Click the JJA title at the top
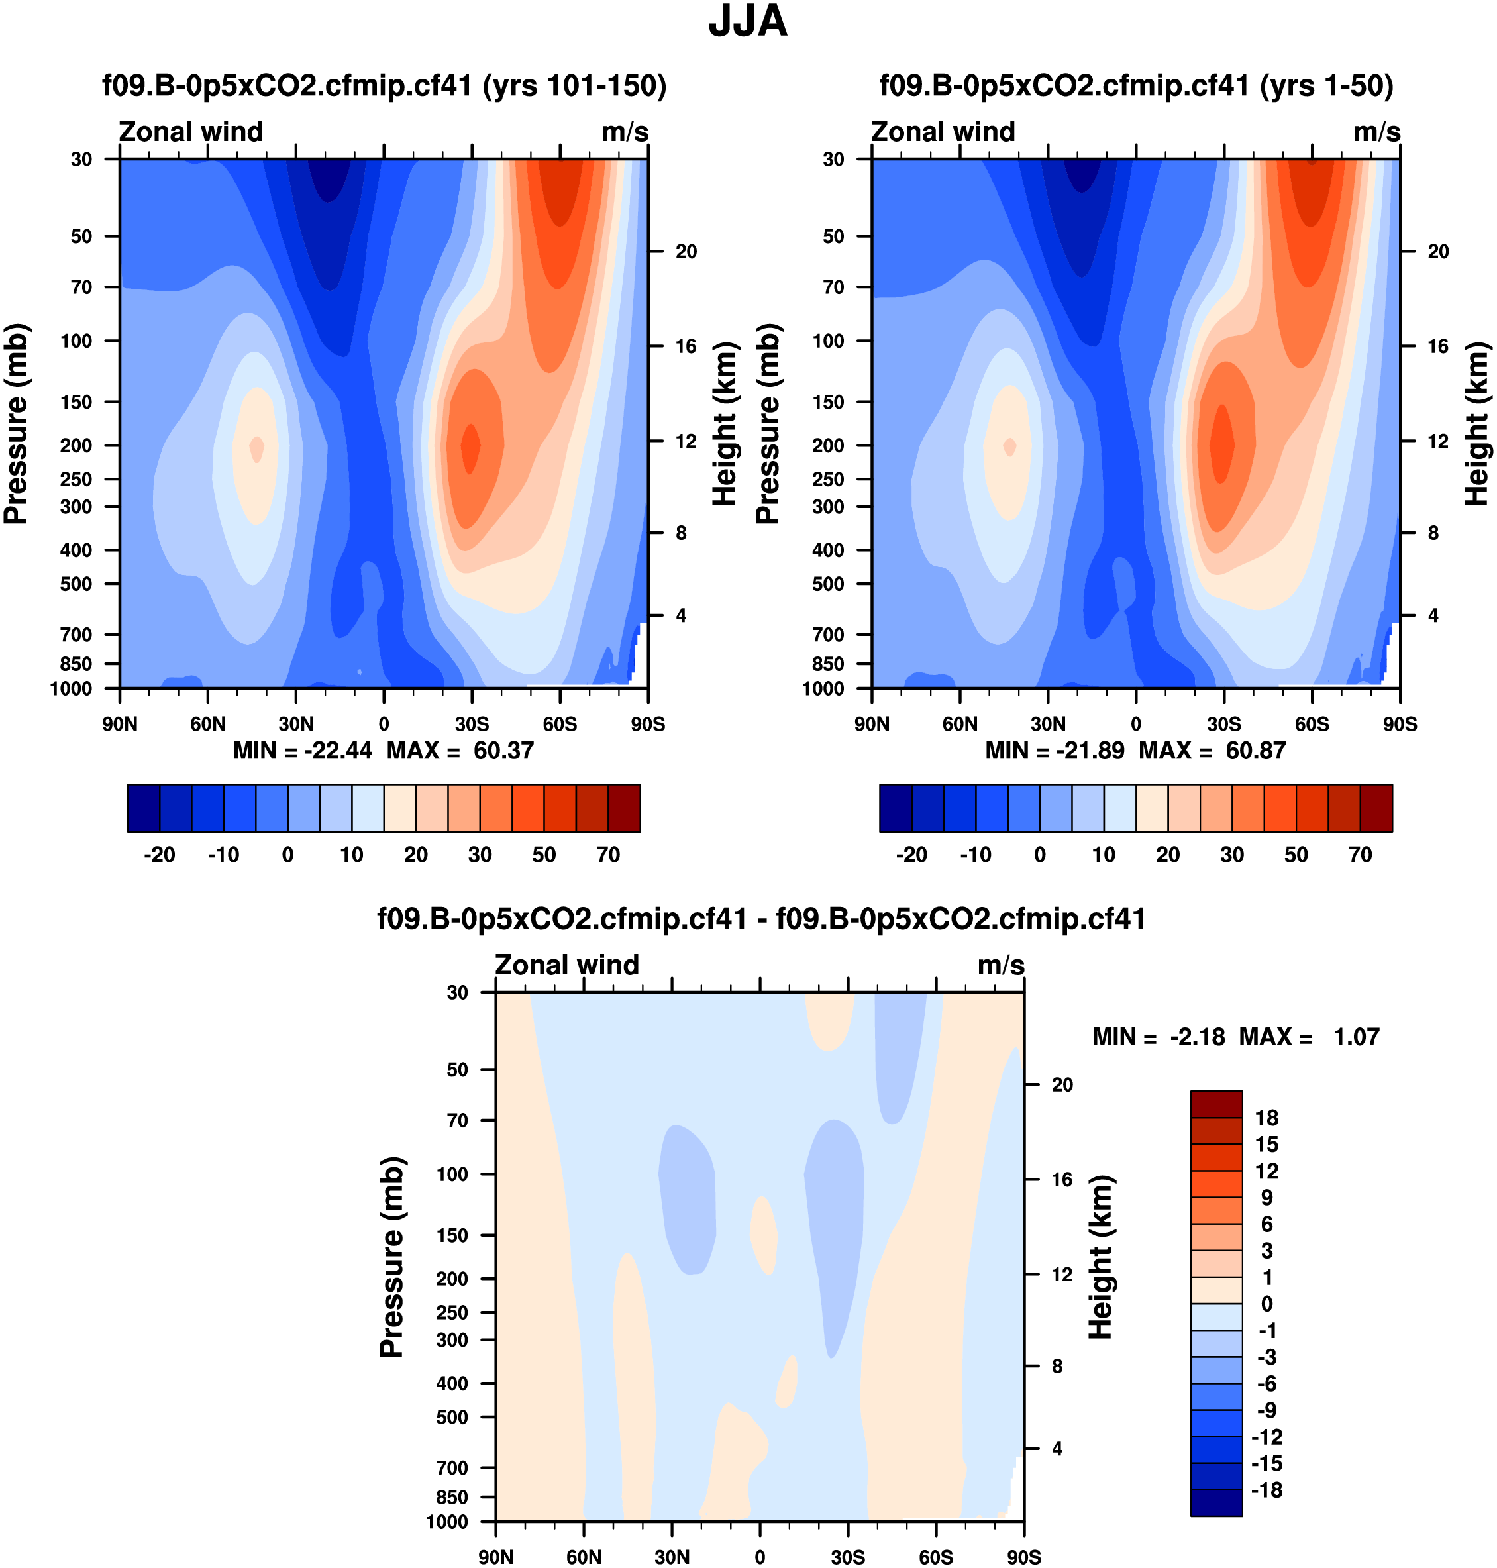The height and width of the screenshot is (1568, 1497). click(x=748, y=22)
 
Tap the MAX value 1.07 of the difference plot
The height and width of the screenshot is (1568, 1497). click(x=1356, y=1037)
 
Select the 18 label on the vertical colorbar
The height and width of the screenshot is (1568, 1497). click(x=1266, y=1118)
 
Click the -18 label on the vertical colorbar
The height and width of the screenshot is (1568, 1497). click(x=1266, y=1490)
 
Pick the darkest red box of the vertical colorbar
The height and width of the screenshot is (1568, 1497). click(x=1216, y=1104)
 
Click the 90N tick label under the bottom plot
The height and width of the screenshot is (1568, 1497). click(x=495, y=1557)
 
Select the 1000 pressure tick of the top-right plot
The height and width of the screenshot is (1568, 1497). click(x=823, y=689)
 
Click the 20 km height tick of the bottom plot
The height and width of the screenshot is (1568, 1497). click(x=1062, y=1084)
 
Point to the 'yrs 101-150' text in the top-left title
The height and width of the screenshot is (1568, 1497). click(x=574, y=85)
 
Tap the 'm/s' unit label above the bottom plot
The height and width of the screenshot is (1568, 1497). click(x=1001, y=966)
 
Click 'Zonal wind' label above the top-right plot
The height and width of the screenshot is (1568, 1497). click(x=943, y=132)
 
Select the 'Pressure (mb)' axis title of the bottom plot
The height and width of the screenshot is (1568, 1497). click(x=392, y=1257)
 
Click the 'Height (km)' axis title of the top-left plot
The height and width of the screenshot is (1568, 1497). click(x=724, y=424)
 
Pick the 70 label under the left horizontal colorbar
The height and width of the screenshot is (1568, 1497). click(x=608, y=855)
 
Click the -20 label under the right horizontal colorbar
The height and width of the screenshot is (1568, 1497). click(x=911, y=855)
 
